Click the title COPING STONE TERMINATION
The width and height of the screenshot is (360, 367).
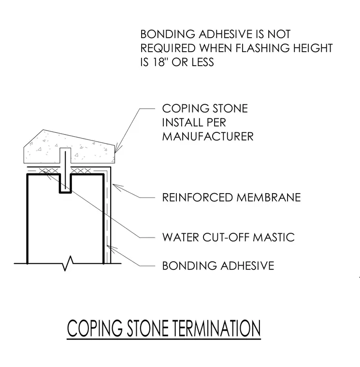pos(164,328)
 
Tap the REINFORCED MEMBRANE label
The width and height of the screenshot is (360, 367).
pos(231,198)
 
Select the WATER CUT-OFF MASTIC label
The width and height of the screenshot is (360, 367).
pos(229,237)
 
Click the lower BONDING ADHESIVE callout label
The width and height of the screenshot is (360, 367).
pos(218,266)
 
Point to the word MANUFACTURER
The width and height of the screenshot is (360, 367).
pos(208,137)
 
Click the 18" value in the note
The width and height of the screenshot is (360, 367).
pos(159,62)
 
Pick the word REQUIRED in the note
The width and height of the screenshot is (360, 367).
pos(168,48)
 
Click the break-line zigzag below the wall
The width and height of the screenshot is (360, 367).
pos(68,264)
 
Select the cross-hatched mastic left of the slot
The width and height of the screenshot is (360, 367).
pos(48,171)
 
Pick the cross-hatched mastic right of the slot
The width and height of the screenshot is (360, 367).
pos(81,171)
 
